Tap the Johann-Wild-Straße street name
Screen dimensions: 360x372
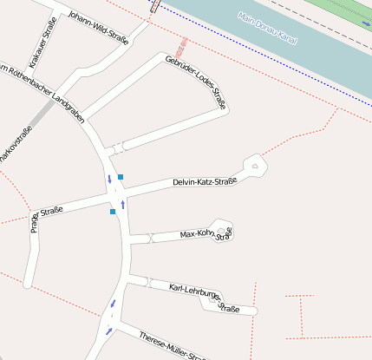pos(98,27)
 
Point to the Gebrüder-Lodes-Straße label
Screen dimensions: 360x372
pos(195,82)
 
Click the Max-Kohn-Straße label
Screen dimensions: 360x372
pos(206,233)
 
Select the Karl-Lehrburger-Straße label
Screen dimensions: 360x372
pos(204,295)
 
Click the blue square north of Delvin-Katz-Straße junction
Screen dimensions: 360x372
pos(121,177)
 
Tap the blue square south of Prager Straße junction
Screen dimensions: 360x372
pos(113,211)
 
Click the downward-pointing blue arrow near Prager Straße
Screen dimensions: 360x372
pos(109,180)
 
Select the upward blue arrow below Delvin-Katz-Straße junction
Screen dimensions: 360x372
pos(123,204)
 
